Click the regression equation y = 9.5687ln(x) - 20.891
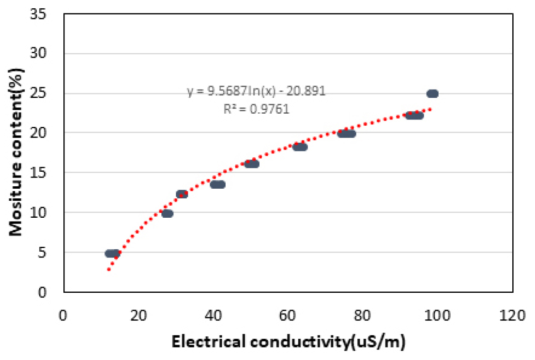pos(256,91)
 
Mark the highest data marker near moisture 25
pos(432,93)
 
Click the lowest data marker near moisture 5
pos(112,254)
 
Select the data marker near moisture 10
pos(167,213)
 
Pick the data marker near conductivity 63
pos(300,147)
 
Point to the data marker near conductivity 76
pos(347,134)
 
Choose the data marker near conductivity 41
pos(218,184)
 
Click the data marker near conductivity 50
pos(252,164)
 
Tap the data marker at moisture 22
pos(414,115)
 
